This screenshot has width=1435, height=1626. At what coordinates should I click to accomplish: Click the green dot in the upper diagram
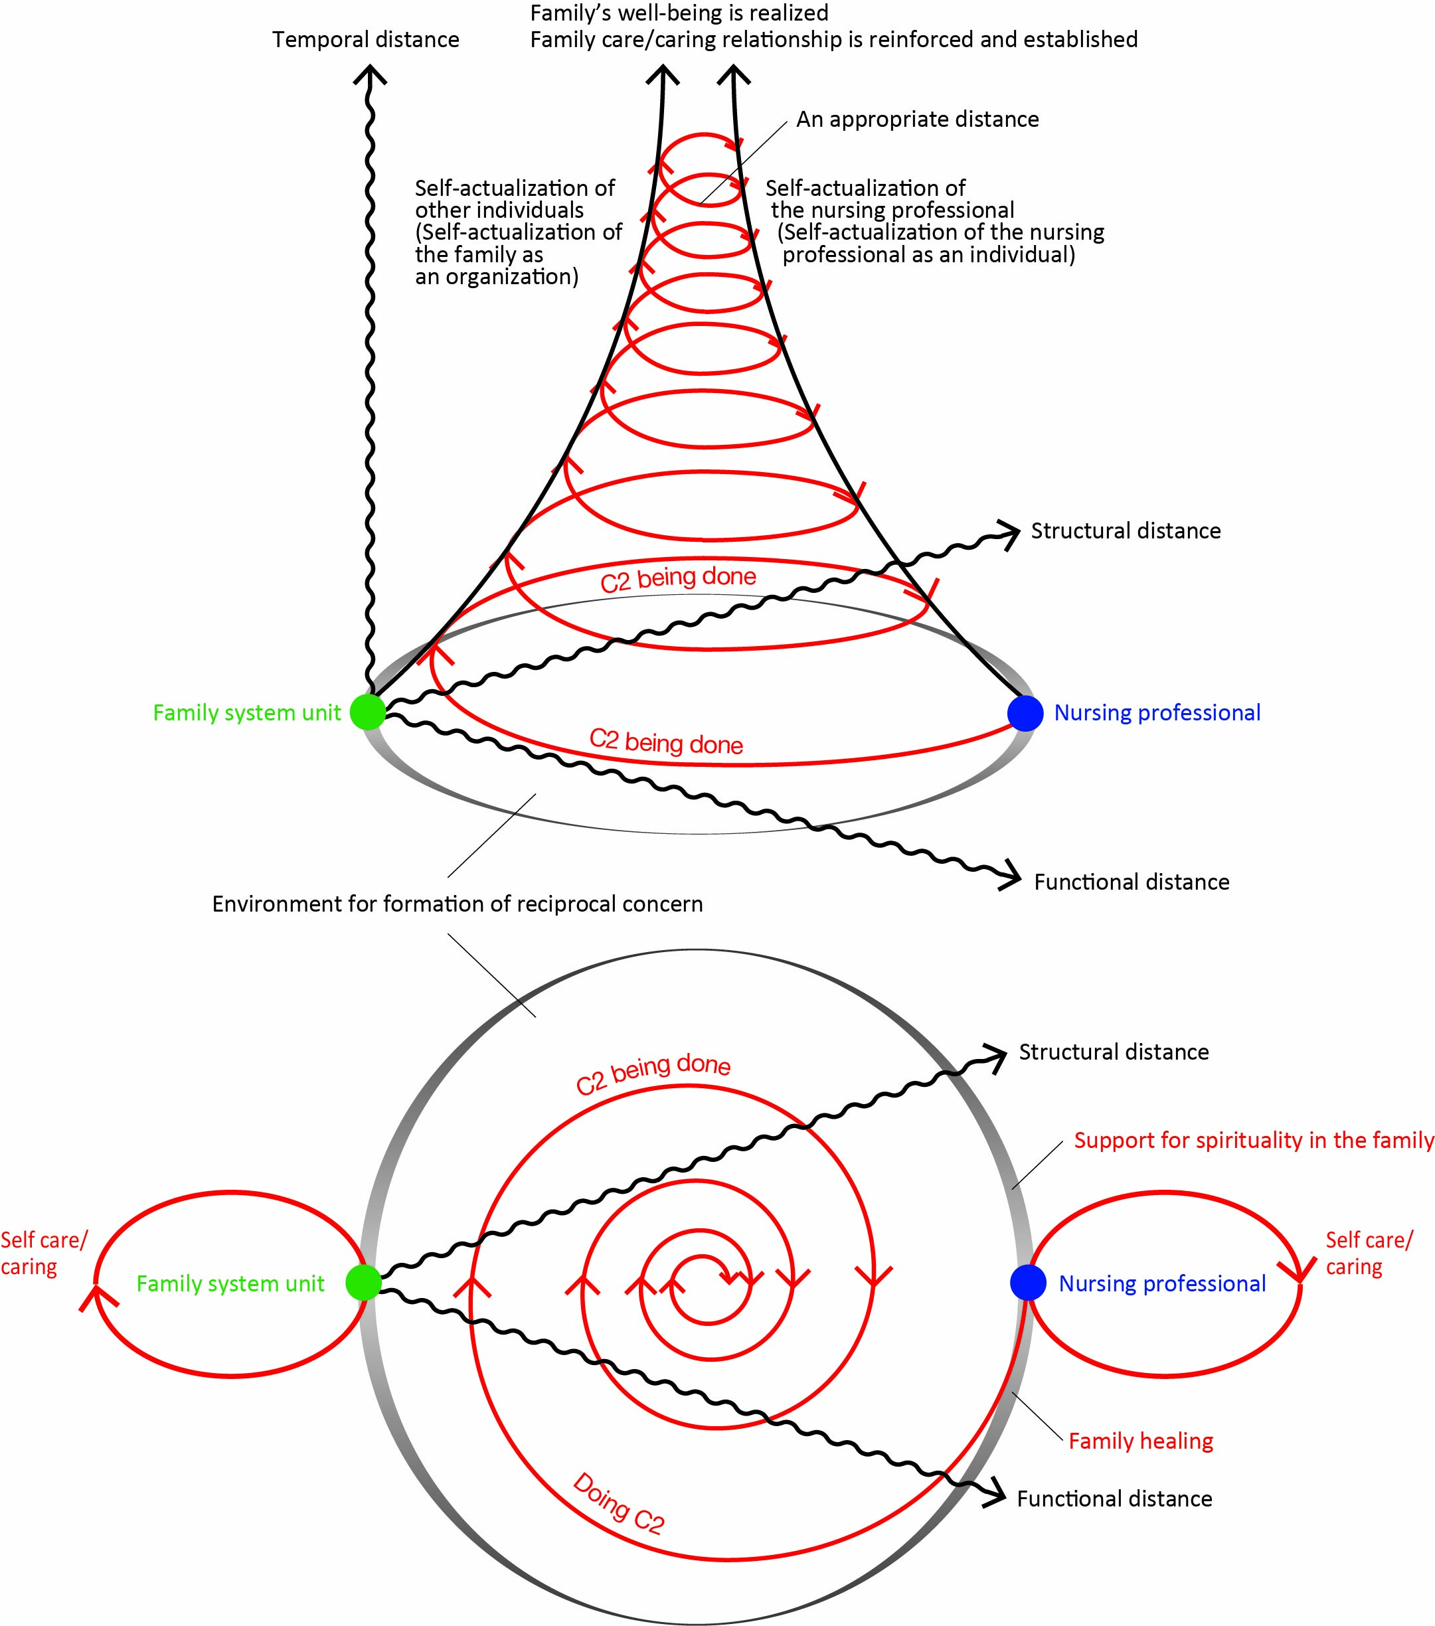[367, 711]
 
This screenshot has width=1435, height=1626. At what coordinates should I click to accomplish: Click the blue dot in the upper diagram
[1025, 713]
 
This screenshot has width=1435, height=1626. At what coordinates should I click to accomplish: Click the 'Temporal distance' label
[366, 40]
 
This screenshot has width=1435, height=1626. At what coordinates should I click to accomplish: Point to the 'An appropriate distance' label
[917, 120]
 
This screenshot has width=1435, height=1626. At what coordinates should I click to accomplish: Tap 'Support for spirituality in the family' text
[1254, 1140]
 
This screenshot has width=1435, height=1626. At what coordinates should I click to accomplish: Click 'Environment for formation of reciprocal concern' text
[458, 904]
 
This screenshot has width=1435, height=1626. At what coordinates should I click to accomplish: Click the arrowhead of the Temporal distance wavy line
[370, 74]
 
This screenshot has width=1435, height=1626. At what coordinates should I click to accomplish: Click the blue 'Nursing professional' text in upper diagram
[1157, 713]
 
